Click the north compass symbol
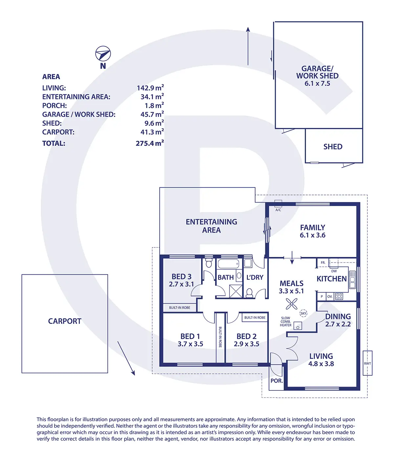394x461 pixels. pyautogui.click(x=103, y=54)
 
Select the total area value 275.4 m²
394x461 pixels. pyautogui.click(x=150, y=143)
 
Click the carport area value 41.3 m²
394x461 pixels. pyautogui.click(x=152, y=132)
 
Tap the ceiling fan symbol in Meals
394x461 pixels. pyautogui.click(x=292, y=304)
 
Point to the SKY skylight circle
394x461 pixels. pyautogui.click(x=303, y=313)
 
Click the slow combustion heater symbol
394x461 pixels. pyautogui.click(x=298, y=327)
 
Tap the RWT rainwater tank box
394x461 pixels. pyautogui.click(x=367, y=363)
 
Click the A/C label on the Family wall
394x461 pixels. pyautogui.click(x=278, y=210)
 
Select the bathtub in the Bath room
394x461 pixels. pyautogui.click(x=229, y=263)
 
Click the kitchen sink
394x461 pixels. pyautogui.click(x=352, y=280)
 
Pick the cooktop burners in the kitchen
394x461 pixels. pyautogui.click(x=339, y=296)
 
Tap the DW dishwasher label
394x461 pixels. pyautogui.click(x=334, y=271)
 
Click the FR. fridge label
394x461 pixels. pyautogui.click(x=323, y=262)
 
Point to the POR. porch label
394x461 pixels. pyautogui.click(x=276, y=381)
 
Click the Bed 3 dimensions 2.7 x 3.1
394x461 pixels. pyautogui.click(x=182, y=284)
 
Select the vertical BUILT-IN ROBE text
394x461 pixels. pyautogui.click(x=220, y=337)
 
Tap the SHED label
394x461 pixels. pyautogui.click(x=333, y=147)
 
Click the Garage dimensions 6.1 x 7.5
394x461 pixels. pyautogui.click(x=317, y=83)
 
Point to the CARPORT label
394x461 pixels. pyautogui.click(x=65, y=321)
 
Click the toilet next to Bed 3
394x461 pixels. pyautogui.click(x=209, y=263)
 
